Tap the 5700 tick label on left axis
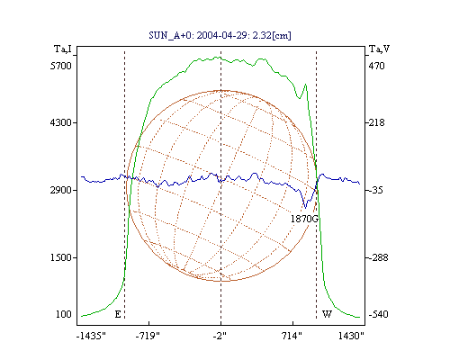pyautogui.click(x=61, y=66)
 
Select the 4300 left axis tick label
pyautogui.click(x=61, y=122)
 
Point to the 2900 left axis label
pyautogui.click(x=61, y=190)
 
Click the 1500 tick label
pyautogui.click(x=61, y=257)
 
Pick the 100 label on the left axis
pyautogui.click(x=64, y=314)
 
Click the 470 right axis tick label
pyautogui.click(x=376, y=66)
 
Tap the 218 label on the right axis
pyautogui.click(x=376, y=122)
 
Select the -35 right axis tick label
pyautogui.click(x=376, y=190)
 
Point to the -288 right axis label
pyautogui.click(x=378, y=257)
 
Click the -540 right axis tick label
pyautogui.click(x=378, y=314)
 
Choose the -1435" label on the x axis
pyautogui.click(x=91, y=336)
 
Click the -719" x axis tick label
pyautogui.click(x=148, y=336)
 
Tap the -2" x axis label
pyautogui.click(x=220, y=336)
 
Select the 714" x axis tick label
pyautogui.click(x=292, y=336)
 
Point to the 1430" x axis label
pyautogui.click(x=351, y=336)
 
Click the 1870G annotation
pyautogui.click(x=304, y=219)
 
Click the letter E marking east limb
pyautogui.click(x=118, y=314)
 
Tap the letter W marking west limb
pyautogui.click(x=327, y=314)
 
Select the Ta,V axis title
pyautogui.click(x=379, y=49)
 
